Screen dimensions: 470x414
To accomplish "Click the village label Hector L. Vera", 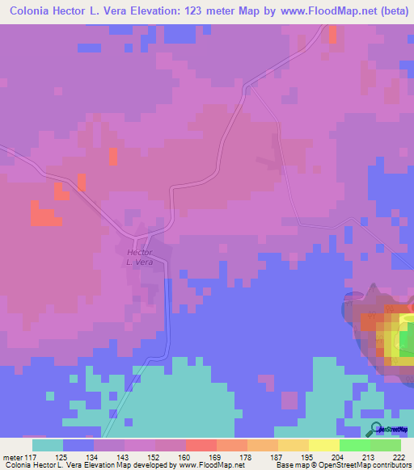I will click(139, 258).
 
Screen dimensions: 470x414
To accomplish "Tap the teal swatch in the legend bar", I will click(48, 445).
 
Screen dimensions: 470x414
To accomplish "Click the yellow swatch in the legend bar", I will click(323, 445).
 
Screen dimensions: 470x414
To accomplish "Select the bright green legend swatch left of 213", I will click(354, 445).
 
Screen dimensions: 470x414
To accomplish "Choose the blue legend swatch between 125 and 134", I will click(78, 445).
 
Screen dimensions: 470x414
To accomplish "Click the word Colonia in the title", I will click(30, 12).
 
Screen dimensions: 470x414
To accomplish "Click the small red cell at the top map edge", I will click(332, 33).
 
